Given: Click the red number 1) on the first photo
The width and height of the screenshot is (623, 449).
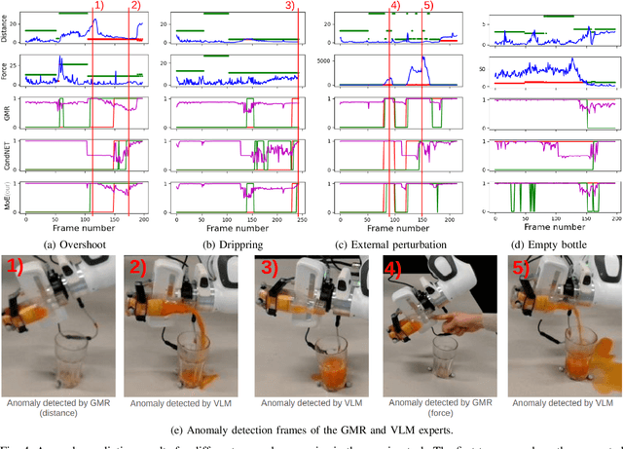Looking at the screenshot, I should point(20,272).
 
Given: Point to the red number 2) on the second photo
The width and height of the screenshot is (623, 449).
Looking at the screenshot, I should point(145,272).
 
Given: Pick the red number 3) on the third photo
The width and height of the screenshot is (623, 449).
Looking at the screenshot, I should point(270,272).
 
